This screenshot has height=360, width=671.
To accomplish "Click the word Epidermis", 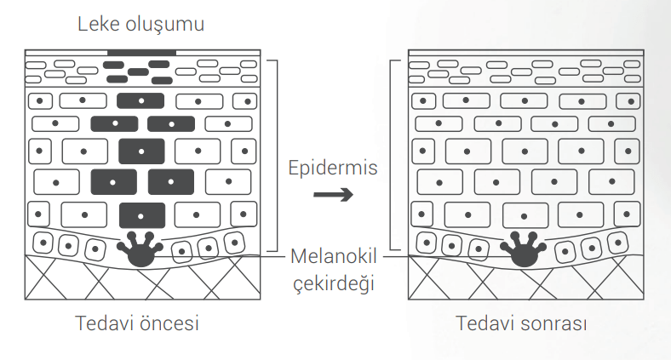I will pos(332,167).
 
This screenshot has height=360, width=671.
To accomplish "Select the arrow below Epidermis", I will pos(333,195).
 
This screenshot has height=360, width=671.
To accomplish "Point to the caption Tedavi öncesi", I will pos(137,324).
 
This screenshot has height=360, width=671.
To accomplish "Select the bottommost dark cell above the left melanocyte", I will pos(141,214).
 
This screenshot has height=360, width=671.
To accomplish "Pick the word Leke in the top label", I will pos(97,24).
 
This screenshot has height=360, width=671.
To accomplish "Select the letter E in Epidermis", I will pos(293,167).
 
